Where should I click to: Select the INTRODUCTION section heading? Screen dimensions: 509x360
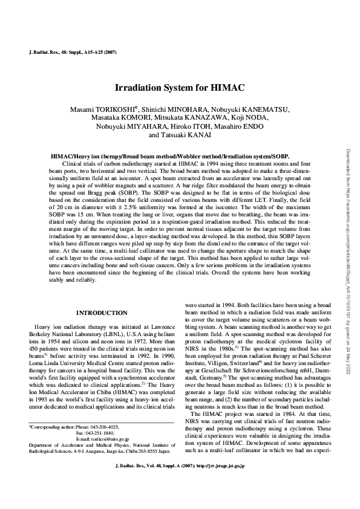(100, 313)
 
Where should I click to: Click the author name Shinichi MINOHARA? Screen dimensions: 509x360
(185, 109)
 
